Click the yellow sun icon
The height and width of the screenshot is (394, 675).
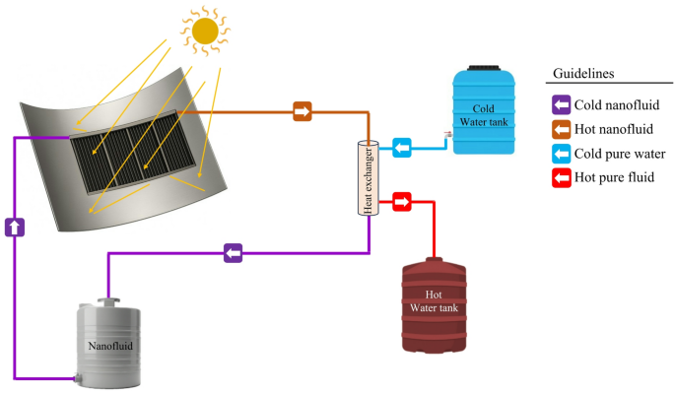point(205,32)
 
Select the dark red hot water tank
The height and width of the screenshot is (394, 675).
point(435,304)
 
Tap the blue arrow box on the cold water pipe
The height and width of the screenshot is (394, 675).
point(402,149)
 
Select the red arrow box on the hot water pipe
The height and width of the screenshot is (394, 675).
point(402,202)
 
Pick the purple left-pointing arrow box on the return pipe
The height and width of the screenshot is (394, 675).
point(232,253)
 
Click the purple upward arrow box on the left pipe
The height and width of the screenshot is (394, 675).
point(15,226)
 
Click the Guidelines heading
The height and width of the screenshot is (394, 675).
point(585,74)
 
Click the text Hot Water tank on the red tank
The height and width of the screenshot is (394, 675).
point(435,302)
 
